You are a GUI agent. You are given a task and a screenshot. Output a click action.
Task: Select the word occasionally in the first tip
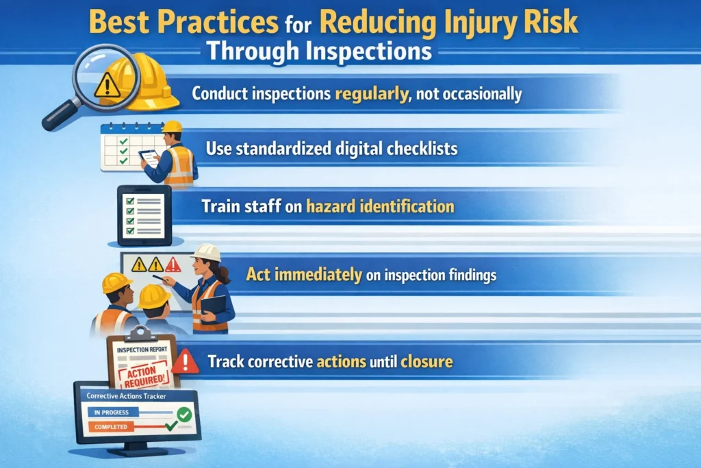pos(480,93)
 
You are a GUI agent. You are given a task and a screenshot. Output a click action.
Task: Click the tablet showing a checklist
pos(144,215)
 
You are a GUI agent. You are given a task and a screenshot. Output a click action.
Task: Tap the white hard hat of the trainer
pos(206,252)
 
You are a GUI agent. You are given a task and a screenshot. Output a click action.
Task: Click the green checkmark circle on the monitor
pos(183,414)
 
